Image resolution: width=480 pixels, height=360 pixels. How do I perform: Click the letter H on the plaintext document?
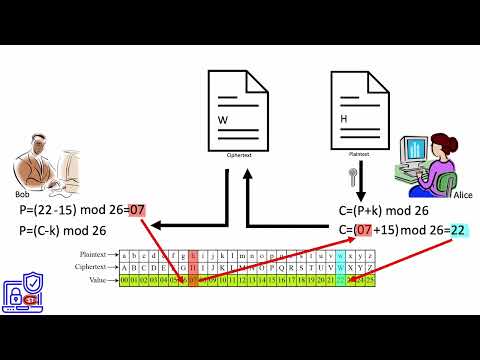pyautogui.click(x=344, y=120)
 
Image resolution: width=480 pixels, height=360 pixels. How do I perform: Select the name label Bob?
pyautogui.click(x=22, y=194)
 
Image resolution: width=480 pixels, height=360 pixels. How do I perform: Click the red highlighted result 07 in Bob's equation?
pyautogui.click(x=137, y=210)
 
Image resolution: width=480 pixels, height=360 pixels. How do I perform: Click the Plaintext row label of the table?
pyautogui.click(x=98, y=256)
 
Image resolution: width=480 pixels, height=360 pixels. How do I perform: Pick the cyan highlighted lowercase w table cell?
pyautogui.click(x=342, y=256)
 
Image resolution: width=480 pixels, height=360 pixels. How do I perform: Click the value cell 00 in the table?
pyautogui.click(x=125, y=281)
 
